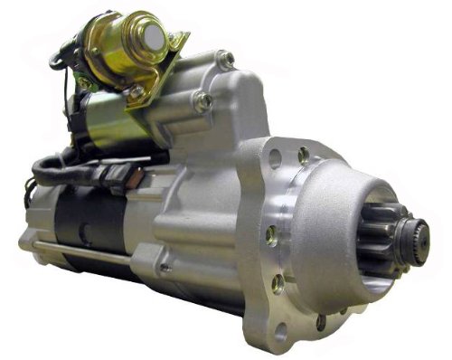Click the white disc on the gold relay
pyautogui.click(x=155, y=37)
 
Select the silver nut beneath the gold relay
pyautogui.click(x=136, y=90)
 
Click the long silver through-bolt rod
pyautogui.click(x=90, y=253)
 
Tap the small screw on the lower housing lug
pyautogui.click(x=165, y=268)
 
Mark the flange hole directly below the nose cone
pyautogui.click(x=321, y=321)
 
